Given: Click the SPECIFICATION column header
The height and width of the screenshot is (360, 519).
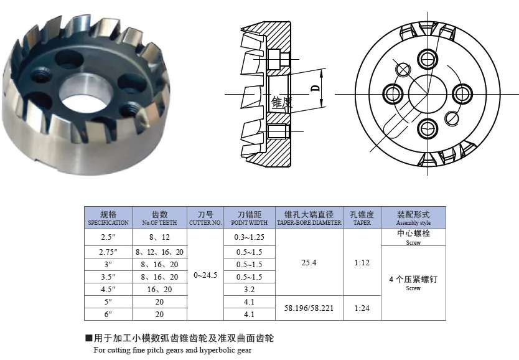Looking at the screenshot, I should click(x=108, y=217).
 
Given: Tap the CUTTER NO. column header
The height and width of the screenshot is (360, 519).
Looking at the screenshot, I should click(x=205, y=217).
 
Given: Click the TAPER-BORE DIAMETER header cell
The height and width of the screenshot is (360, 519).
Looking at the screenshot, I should click(x=309, y=217).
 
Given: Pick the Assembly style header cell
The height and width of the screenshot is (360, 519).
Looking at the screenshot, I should click(x=413, y=217).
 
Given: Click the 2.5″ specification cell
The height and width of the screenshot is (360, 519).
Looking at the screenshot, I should click(x=108, y=237).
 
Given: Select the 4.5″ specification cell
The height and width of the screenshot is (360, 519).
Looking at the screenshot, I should click(x=108, y=289).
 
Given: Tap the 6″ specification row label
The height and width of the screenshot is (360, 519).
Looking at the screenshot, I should click(x=108, y=315).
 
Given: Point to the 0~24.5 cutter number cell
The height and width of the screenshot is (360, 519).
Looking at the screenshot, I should click(x=205, y=275).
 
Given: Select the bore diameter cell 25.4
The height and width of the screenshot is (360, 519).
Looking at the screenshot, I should click(x=309, y=263).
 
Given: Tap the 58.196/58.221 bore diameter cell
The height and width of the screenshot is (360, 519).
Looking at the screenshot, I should click(x=309, y=308).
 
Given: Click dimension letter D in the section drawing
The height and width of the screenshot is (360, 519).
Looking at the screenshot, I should click(x=315, y=89).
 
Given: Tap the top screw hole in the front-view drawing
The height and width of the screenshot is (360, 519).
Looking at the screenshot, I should click(x=427, y=60).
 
